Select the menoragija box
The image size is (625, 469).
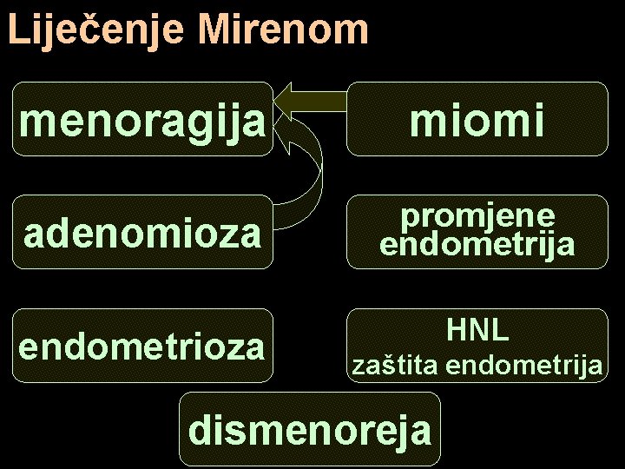coord(141,119)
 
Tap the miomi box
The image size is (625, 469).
coord(477,119)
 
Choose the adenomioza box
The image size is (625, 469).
coord(141,232)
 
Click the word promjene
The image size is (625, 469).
coord(478,216)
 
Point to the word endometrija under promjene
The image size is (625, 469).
coord(477,245)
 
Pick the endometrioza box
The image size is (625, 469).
coord(141,346)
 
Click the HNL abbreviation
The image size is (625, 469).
coord(477,330)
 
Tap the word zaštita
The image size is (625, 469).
coord(394,367)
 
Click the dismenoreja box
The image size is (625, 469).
coord(310,428)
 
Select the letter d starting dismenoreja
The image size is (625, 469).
coord(200,428)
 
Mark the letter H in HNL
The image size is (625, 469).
coord(457,330)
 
